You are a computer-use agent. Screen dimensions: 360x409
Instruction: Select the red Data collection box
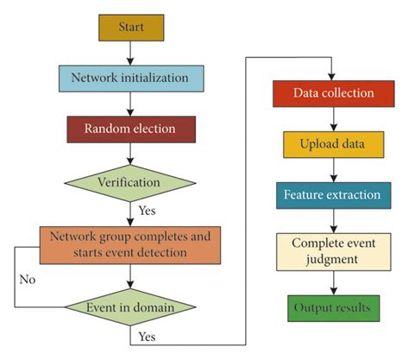pos(333,92)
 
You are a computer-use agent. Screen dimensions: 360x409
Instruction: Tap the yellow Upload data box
pos(333,143)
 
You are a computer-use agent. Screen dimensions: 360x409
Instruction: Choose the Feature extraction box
pos(333,194)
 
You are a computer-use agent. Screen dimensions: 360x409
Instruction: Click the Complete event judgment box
pos(333,250)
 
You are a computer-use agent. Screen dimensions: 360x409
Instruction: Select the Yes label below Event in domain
pos(146,335)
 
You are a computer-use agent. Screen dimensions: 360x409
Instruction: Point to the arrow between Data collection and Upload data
pos(333,117)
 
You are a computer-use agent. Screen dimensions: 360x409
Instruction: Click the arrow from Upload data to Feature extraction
pos(333,168)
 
